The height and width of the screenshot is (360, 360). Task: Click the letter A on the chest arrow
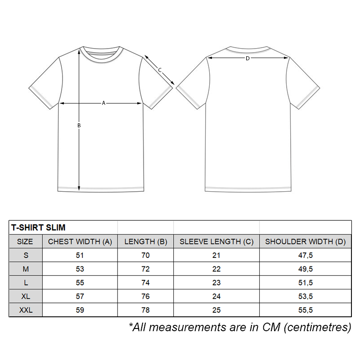pyautogui.click(x=103, y=103)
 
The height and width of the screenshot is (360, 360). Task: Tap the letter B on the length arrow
pyautogui.click(x=79, y=126)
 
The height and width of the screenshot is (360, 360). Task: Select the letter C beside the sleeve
pyautogui.click(x=160, y=70)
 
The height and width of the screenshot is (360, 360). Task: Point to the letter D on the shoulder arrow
pyautogui.click(x=247, y=58)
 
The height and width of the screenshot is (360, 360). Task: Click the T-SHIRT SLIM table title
pyautogui.click(x=38, y=228)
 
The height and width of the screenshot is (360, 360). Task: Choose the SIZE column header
pyautogui.click(x=25, y=242)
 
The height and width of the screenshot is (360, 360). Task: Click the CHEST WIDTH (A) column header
pyautogui.click(x=80, y=242)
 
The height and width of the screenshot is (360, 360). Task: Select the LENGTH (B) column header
pyautogui.click(x=146, y=242)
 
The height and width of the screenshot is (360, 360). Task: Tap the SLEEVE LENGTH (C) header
pyautogui.click(x=216, y=242)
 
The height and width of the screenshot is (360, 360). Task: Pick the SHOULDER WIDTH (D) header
pyautogui.click(x=306, y=242)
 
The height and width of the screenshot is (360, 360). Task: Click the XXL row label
pyautogui.click(x=25, y=310)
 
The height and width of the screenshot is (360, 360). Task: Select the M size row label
pyautogui.click(x=25, y=269)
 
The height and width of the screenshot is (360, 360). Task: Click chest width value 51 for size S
pyautogui.click(x=80, y=255)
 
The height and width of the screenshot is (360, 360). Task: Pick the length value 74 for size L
pyautogui.click(x=146, y=283)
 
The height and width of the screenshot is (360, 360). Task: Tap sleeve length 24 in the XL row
pyautogui.click(x=216, y=297)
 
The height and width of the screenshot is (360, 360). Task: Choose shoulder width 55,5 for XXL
pyautogui.click(x=306, y=310)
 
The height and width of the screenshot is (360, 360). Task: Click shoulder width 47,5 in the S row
pyautogui.click(x=306, y=255)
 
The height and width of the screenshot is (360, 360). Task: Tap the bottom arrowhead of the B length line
pyautogui.click(x=79, y=188)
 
